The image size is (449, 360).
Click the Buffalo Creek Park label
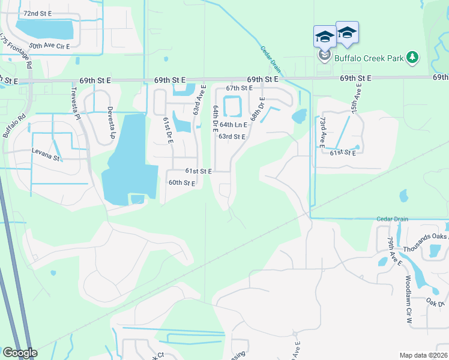(368, 58)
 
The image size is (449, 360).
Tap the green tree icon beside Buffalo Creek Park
(412, 58)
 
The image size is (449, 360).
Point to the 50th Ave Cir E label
(49, 46)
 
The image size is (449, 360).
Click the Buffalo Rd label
(12, 124)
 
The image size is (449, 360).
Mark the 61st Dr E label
(167, 131)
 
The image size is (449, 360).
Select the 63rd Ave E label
(199, 100)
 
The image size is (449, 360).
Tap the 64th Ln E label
(233, 125)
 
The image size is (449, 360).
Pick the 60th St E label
(182, 183)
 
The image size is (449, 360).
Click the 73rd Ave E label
(322, 133)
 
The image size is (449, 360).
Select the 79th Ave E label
(394, 251)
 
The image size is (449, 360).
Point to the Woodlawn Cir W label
(408, 292)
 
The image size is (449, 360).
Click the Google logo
(20, 353)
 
